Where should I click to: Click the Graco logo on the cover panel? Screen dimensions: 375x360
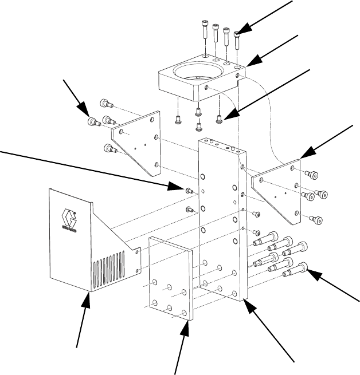[x=69, y=219]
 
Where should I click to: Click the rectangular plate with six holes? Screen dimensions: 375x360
[x=170, y=281]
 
